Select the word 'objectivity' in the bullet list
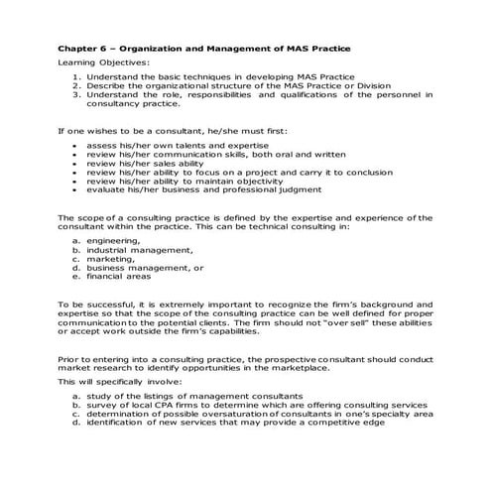(x=277, y=182)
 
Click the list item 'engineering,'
(x=113, y=240)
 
